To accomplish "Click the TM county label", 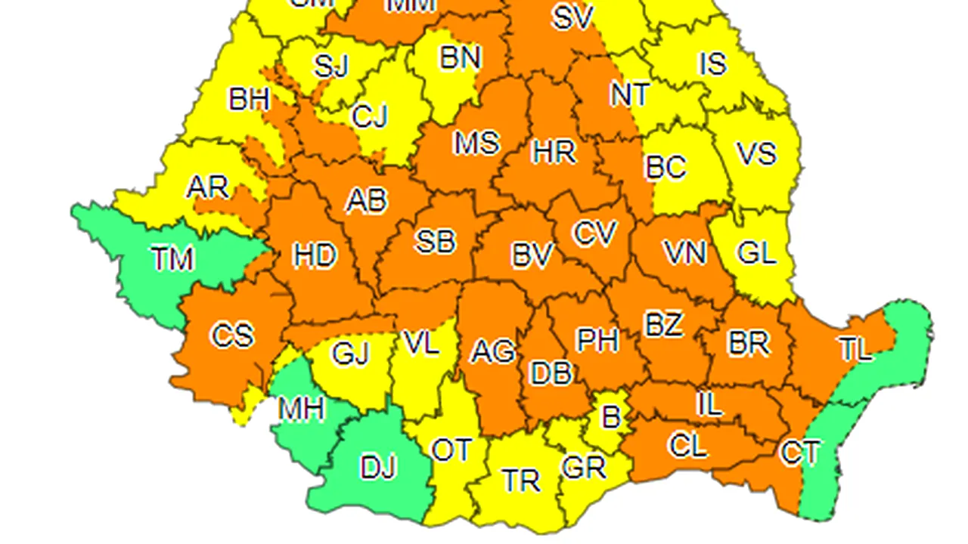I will point(172,259).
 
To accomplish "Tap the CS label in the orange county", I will point(231,335).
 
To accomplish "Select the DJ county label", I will point(378,468).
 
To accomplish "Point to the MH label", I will point(301,410).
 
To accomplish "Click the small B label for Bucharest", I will point(610,416).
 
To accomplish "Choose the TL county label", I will point(855,349).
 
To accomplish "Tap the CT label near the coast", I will point(799,453).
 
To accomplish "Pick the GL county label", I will point(756,254).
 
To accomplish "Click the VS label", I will point(756,154).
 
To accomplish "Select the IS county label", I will point(712,64).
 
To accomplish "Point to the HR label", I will point(554,153).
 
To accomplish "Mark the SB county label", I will point(436,242).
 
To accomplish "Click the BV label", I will point(532,256).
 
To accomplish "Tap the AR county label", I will point(207,187).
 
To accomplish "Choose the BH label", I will point(249,99).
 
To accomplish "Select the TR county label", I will point(521,481).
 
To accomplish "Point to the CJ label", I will point(370,116).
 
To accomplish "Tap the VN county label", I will point(684,252).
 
